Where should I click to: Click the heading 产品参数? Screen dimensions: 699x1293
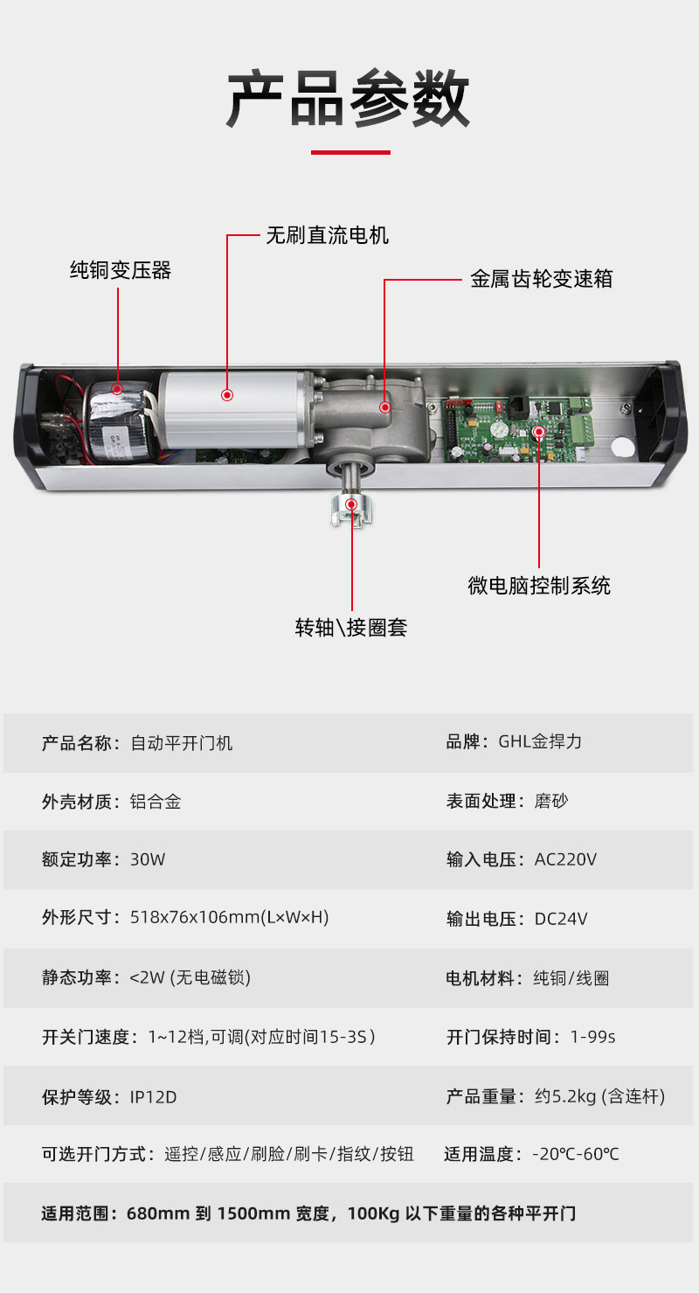click(348, 98)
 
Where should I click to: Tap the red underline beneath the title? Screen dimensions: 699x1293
click(350, 152)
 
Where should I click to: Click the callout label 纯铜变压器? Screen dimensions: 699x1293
click(121, 270)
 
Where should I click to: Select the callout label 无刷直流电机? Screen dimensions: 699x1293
click(327, 235)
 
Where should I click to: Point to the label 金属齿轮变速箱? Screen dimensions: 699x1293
click(541, 279)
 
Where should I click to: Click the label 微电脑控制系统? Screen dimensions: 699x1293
click(539, 586)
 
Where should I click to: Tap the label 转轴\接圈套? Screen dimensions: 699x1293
click(350, 628)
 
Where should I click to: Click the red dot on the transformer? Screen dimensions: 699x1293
click(117, 388)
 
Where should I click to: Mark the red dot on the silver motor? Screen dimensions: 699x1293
click(227, 395)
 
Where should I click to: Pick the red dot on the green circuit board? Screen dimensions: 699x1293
click(539, 431)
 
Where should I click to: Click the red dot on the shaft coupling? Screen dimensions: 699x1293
click(351, 504)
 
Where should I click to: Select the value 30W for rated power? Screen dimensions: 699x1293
click(148, 859)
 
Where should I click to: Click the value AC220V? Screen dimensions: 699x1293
click(565, 859)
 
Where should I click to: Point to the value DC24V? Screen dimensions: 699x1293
click(561, 919)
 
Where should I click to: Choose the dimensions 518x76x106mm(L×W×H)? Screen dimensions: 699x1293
click(229, 917)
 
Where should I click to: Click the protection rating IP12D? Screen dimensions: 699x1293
click(153, 1097)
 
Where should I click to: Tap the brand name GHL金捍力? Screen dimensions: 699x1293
click(540, 741)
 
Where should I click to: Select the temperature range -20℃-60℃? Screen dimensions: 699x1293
click(575, 1155)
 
